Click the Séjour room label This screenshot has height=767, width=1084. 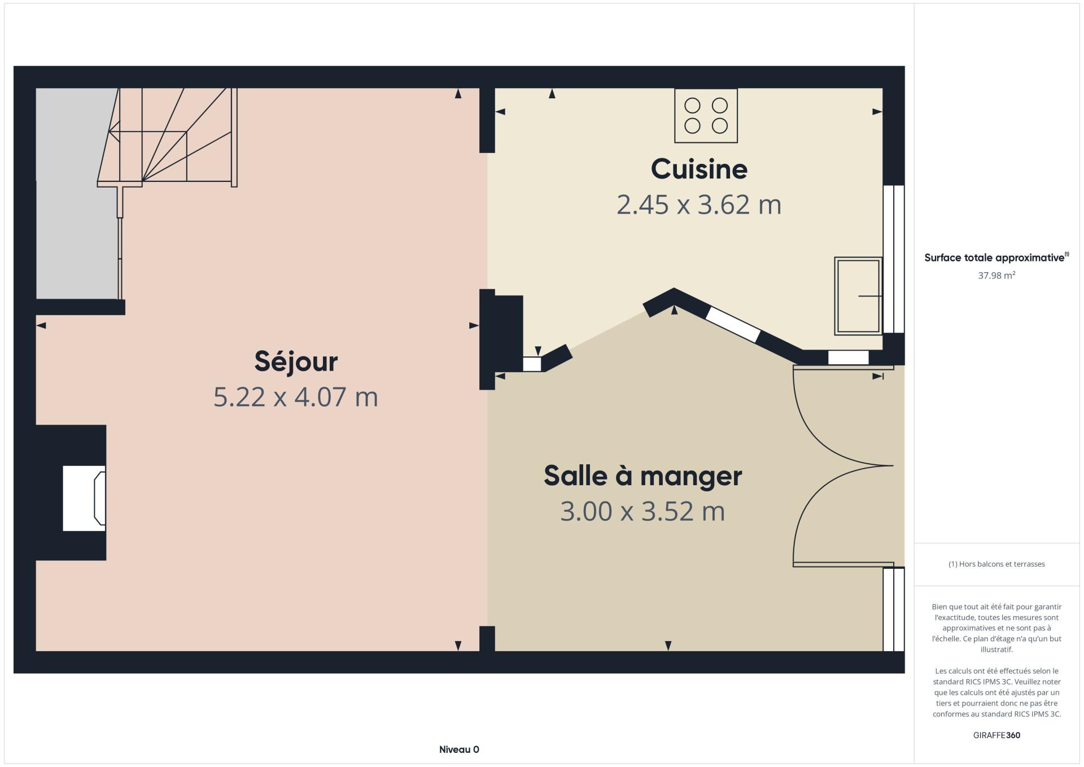tap(296, 361)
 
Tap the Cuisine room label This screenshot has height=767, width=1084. tap(699, 169)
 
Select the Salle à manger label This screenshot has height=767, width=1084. tap(642, 476)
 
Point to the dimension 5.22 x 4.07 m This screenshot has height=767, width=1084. tap(295, 396)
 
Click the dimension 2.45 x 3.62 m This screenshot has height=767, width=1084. tap(699, 204)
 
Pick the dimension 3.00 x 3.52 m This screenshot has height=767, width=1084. tap(642, 511)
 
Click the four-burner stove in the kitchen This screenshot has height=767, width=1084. tap(706, 115)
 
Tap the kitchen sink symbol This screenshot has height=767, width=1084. tap(858, 295)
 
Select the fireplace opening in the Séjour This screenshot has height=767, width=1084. tap(84, 498)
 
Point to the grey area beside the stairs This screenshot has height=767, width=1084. tap(77, 193)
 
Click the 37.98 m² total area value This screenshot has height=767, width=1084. tap(996, 275)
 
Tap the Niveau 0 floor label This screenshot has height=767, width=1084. tap(459, 749)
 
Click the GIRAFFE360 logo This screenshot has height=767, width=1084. tap(996, 735)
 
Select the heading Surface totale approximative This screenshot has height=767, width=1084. tap(994, 258)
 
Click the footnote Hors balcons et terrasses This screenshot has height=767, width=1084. tap(996, 564)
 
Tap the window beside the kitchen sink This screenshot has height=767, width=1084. tap(894, 259)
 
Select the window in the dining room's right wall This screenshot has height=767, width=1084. tap(894, 609)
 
